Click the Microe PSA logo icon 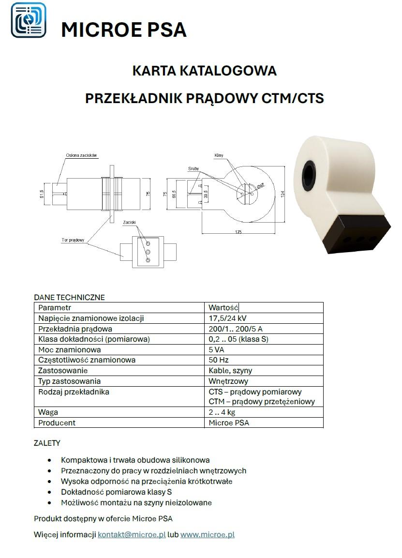[x=29, y=20]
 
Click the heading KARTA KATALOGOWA [x=204, y=71]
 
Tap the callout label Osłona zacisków [x=82, y=156]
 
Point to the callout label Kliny [x=218, y=156]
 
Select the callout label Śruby [x=194, y=169]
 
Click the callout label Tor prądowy [x=73, y=240]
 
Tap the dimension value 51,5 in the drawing [x=42, y=194]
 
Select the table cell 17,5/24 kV [x=227, y=318]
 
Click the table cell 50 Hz [x=219, y=360]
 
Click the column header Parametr [x=55, y=308]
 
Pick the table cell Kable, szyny [x=230, y=371]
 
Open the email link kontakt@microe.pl [x=132, y=535]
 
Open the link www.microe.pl [x=207, y=535]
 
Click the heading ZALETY [x=47, y=443]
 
